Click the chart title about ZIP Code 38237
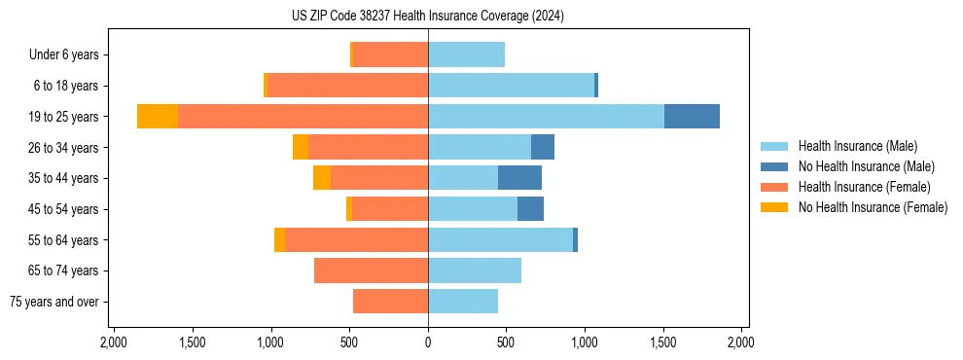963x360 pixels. point(428,16)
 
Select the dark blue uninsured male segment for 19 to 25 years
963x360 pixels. point(692,116)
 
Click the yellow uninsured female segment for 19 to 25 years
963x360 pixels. point(158,116)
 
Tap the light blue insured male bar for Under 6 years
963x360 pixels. point(466,54)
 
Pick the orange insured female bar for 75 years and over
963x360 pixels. point(390,302)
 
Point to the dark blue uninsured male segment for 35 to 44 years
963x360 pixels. point(519,178)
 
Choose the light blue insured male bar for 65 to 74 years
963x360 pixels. point(475,270)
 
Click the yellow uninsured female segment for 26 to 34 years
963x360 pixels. point(301,147)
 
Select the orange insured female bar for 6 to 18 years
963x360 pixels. point(347,86)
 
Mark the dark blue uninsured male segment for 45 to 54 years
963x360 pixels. point(530,209)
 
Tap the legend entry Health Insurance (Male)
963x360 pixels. point(856,146)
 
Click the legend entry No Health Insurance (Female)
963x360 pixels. point(873,207)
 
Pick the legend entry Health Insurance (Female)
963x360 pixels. point(864,187)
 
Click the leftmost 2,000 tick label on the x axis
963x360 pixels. point(114,342)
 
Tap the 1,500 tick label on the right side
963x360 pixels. point(663,342)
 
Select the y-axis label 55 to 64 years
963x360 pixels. point(63,240)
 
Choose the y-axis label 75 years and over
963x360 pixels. point(54,302)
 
